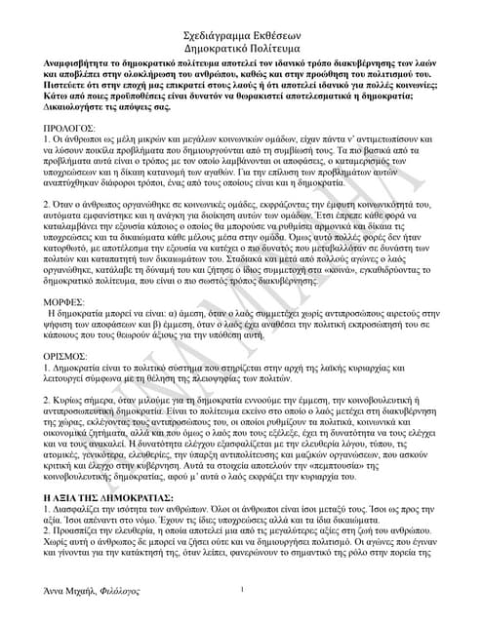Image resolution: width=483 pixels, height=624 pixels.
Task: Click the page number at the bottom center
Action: pyautogui.click(x=241, y=590)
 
